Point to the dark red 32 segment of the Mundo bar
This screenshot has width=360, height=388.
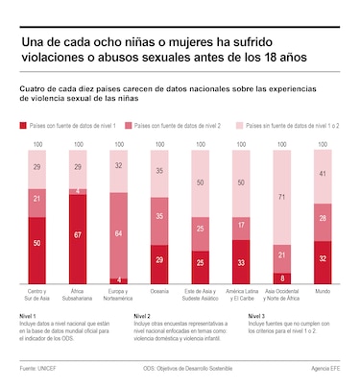click(324, 260)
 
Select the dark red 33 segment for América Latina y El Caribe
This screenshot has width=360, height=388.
click(242, 260)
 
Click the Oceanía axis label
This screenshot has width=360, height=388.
click(160, 290)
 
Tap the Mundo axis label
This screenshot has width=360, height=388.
click(324, 290)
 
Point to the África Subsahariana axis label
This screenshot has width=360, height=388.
click(79, 293)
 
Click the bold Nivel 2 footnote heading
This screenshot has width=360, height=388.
click(141, 316)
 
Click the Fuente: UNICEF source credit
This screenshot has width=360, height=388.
click(38, 369)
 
